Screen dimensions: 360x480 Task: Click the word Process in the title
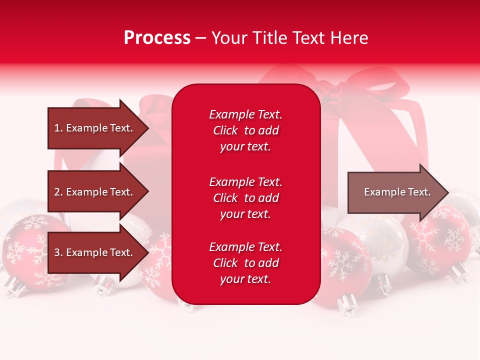click(x=157, y=38)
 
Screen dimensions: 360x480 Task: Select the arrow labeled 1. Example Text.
click(x=95, y=128)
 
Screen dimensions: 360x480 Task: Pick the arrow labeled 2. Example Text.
click(x=95, y=192)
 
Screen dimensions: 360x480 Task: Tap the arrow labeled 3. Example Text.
click(x=95, y=252)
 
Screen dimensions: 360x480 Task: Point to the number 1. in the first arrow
click(x=58, y=128)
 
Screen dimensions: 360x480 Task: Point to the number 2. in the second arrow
click(x=58, y=192)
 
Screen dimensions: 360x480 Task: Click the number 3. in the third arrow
click(x=58, y=252)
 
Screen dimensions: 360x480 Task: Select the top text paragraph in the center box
click(x=245, y=130)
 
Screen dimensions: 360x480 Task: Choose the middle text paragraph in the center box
click(x=245, y=198)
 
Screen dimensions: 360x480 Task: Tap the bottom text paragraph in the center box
click(x=245, y=263)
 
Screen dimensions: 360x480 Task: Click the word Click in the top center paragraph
click(x=225, y=130)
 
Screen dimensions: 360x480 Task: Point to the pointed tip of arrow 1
click(x=148, y=128)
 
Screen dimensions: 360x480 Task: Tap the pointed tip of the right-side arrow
click(x=448, y=192)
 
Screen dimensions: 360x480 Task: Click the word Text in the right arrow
click(x=420, y=192)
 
